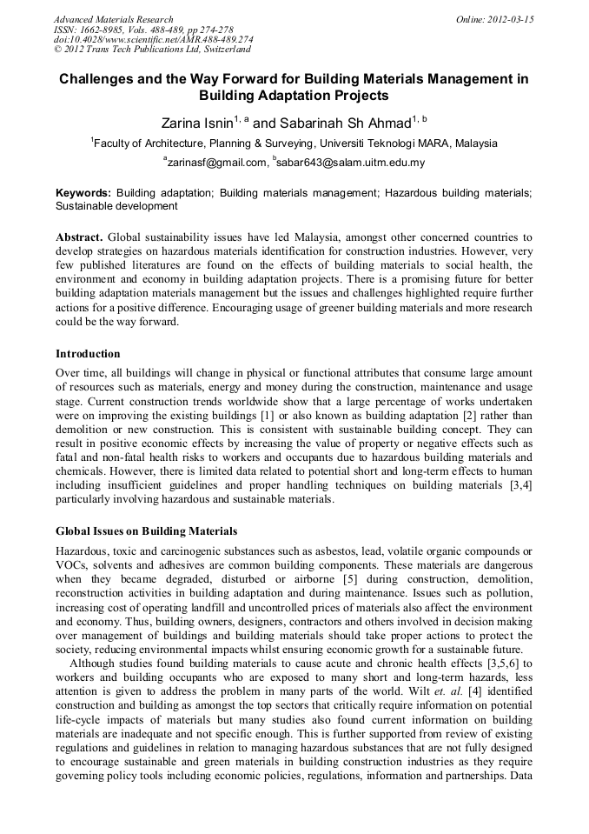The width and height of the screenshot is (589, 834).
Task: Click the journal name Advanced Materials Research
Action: [x=113, y=19]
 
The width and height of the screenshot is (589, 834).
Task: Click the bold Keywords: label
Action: [x=83, y=192]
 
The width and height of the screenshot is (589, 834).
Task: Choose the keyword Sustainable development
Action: [x=116, y=207]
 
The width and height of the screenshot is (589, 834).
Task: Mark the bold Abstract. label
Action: [x=79, y=237]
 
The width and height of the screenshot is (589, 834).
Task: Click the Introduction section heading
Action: [x=88, y=354]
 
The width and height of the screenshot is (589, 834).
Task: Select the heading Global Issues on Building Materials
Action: [x=146, y=530]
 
